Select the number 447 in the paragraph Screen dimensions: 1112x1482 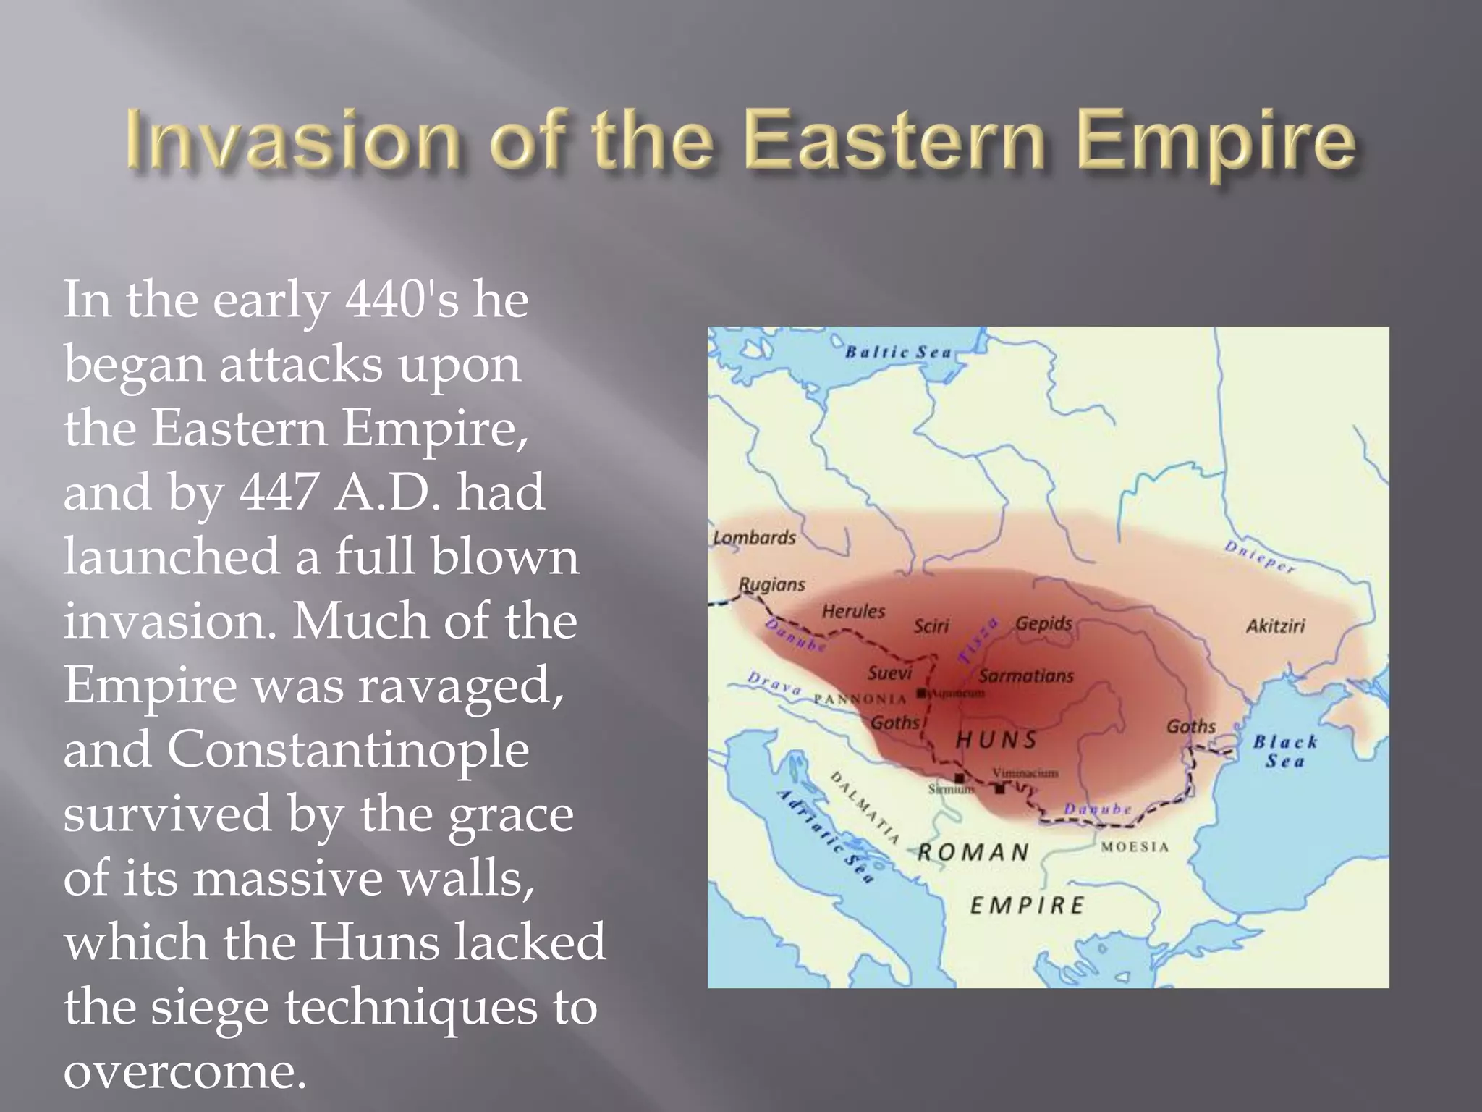(x=279, y=493)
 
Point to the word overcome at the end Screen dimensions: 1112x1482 (x=185, y=1070)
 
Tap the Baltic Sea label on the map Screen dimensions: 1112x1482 (x=899, y=353)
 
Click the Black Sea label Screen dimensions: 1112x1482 (x=1285, y=751)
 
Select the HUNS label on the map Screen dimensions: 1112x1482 (x=997, y=739)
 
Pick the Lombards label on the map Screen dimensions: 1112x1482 (x=754, y=538)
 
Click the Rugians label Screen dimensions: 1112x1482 (x=771, y=584)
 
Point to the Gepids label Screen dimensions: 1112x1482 (x=1043, y=623)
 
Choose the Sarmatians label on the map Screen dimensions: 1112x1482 (x=1026, y=676)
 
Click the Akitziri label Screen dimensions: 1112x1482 (x=1275, y=626)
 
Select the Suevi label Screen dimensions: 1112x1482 (x=889, y=673)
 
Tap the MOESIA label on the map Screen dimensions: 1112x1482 (x=1135, y=847)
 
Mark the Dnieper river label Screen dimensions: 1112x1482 (x=1259, y=557)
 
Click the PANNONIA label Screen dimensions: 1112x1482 (x=860, y=699)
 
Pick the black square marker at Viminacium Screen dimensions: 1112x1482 (x=999, y=789)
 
